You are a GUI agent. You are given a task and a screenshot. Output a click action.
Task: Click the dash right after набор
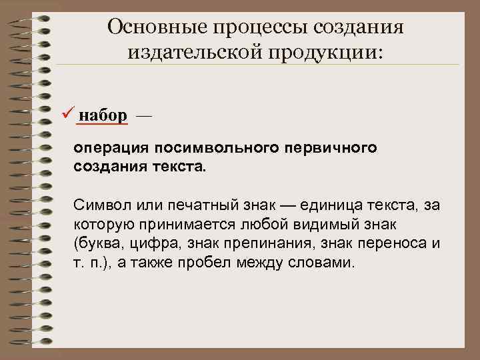pos(143,116)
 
